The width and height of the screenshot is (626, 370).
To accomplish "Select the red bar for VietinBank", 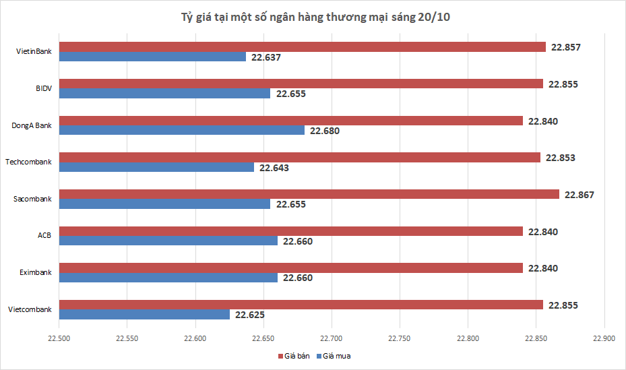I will coord(303,47).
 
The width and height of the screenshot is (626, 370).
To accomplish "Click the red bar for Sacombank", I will coord(309,194).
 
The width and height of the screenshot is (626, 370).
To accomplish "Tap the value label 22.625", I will coord(250,315).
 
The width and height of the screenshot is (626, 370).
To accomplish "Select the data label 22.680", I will coord(325,131).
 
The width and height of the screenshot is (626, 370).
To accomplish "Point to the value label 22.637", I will coord(265,57).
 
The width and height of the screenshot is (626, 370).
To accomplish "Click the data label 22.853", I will coord(560,158).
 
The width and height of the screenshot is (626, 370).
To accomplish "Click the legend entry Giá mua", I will coord(334,356).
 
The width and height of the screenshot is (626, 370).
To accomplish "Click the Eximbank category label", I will coord(36,272).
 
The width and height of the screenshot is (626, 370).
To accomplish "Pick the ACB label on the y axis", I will coord(44,236).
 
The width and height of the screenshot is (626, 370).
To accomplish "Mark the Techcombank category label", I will coord(28,162).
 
